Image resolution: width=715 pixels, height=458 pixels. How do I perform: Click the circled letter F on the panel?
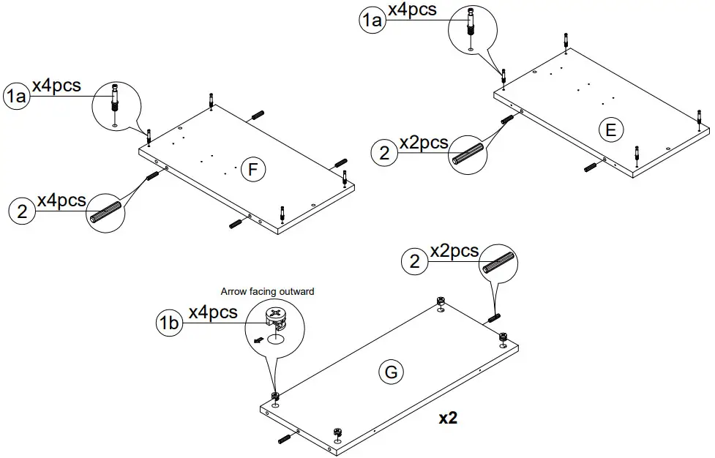(252, 170)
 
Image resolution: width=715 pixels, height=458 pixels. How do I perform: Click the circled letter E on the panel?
(610, 130)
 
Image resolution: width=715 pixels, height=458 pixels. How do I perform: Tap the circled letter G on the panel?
(391, 372)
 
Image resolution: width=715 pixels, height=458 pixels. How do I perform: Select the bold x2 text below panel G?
(448, 418)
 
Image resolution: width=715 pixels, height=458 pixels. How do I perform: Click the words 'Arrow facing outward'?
(267, 291)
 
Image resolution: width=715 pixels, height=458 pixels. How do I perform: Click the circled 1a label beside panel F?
(16, 96)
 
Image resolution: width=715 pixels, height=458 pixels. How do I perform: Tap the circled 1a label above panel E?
(372, 20)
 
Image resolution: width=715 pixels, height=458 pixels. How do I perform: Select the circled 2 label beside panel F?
(22, 211)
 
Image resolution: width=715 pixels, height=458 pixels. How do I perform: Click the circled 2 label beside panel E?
(383, 153)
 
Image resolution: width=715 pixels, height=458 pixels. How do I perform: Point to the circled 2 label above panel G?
(415, 261)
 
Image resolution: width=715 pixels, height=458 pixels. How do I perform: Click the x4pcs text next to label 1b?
(213, 312)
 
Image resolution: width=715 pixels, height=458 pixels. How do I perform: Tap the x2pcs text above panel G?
(454, 251)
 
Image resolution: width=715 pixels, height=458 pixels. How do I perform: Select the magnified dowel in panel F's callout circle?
(105, 214)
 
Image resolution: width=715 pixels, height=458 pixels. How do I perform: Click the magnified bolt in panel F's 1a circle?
(115, 98)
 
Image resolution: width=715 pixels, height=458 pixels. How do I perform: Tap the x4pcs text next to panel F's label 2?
(61, 200)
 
